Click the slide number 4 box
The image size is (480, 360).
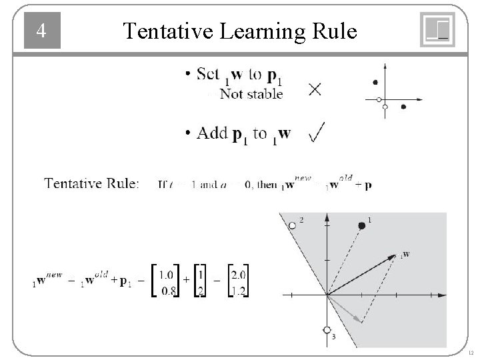pyautogui.click(x=42, y=31)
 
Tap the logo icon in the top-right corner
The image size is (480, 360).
pyautogui.click(x=437, y=30)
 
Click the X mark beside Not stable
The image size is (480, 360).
pyautogui.click(x=313, y=89)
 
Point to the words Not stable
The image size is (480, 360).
pyautogui.click(x=251, y=94)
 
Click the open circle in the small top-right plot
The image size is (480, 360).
pyautogui.click(x=379, y=99)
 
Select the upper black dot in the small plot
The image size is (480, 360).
pyautogui.click(x=375, y=82)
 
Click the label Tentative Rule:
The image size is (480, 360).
pyautogui.click(x=91, y=183)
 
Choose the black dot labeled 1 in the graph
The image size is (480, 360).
pyautogui.click(x=362, y=226)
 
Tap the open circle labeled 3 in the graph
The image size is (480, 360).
pyautogui.click(x=327, y=329)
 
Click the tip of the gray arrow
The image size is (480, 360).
pyautogui.click(x=362, y=321)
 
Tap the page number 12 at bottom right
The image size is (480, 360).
pyautogui.click(x=471, y=352)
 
